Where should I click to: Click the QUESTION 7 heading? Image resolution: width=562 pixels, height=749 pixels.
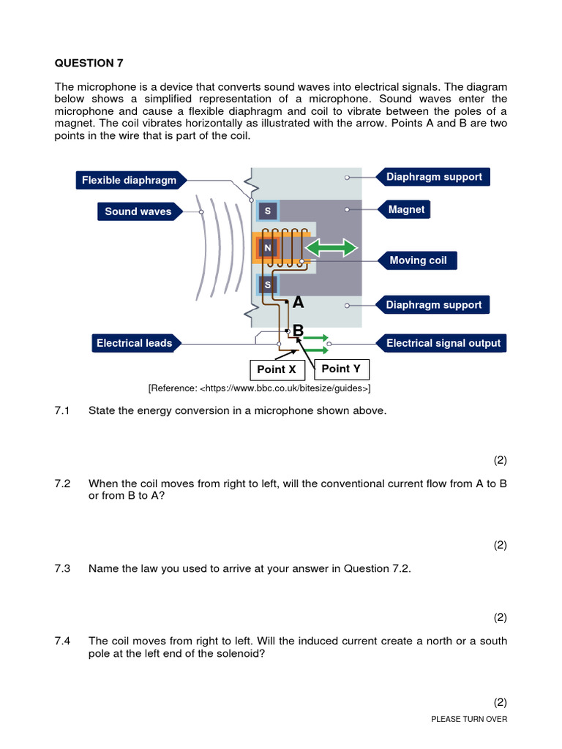click(84, 63)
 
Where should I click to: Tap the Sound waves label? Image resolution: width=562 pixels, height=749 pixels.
click(138, 211)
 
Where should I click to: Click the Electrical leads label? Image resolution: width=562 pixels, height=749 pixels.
click(135, 343)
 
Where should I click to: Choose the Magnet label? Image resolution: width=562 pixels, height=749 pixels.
click(406, 209)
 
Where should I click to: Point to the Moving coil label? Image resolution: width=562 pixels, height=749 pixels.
click(417, 260)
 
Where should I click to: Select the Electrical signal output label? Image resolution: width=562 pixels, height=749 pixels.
click(443, 343)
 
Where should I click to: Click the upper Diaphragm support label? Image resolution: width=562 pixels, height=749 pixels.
click(433, 177)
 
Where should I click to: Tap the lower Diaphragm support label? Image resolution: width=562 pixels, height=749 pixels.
click(433, 305)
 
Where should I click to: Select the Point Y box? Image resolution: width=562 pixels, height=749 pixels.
click(341, 369)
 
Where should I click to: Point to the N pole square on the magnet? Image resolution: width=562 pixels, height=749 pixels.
click(267, 249)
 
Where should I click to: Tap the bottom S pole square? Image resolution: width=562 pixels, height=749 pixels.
click(267, 285)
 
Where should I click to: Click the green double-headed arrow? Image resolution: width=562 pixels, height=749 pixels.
click(333, 249)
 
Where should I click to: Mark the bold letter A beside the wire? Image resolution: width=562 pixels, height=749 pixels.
click(298, 302)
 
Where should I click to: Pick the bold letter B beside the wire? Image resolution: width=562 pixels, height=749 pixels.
click(299, 330)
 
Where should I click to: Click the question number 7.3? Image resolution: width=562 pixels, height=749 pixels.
click(62, 568)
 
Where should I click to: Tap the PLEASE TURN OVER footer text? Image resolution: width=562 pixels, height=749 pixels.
click(469, 719)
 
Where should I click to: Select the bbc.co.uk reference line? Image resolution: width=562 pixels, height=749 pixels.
click(259, 388)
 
